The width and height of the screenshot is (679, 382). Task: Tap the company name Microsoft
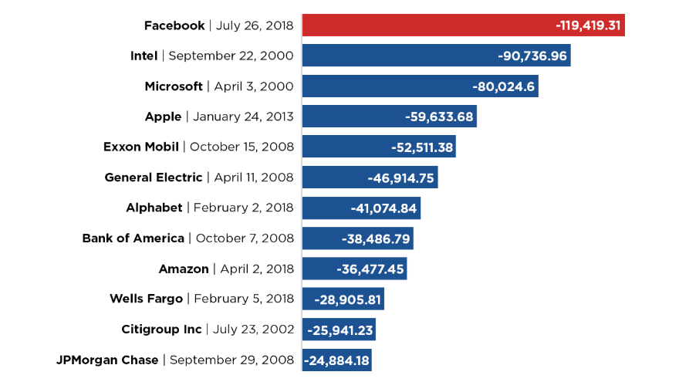[x=174, y=86]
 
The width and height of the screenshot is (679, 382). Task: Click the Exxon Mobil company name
[x=141, y=147]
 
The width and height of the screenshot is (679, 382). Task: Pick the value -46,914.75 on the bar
[x=401, y=178]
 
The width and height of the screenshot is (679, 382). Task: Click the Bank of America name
[x=133, y=238]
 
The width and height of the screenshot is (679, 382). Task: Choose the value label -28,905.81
[x=347, y=299]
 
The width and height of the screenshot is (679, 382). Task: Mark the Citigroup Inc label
[x=161, y=330]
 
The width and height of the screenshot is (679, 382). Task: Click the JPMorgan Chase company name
[x=107, y=360]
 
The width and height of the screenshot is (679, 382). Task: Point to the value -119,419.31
[x=588, y=25]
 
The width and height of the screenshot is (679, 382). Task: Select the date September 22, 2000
[x=231, y=56]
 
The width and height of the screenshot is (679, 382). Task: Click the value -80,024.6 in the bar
[x=504, y=86]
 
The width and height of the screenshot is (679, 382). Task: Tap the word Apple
[x=163, y=117]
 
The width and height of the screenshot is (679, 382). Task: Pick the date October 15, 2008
[x=242, y=147]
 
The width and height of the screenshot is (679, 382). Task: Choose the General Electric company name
[x=154, y=178]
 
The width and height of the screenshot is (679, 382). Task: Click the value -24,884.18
[x=338, y=360]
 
